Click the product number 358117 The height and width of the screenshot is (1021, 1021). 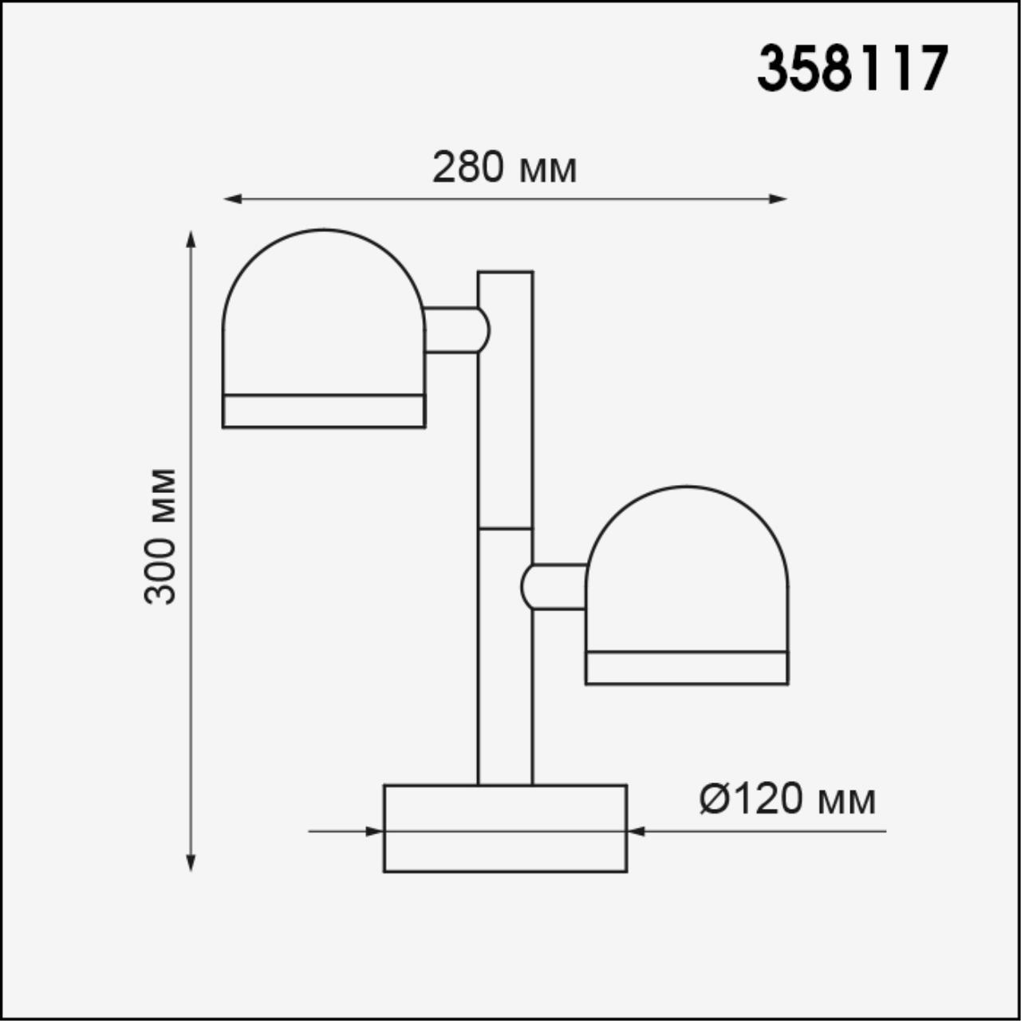[x=852, y=69]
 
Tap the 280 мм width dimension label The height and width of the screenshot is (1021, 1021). [x=504, y=168]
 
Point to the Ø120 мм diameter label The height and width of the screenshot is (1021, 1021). [x=788, y=798]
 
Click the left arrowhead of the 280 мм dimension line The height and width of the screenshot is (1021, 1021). [x=232, y=199]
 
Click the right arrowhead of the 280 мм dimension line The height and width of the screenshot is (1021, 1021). [x=778, y=199]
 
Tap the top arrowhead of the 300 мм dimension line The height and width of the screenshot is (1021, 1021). [x=191, y=240]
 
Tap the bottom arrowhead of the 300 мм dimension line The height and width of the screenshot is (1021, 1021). [x=191, y=861]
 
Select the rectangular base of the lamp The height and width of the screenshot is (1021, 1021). [x=505, y=828]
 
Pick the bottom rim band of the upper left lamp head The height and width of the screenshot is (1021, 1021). [x=324, y=411]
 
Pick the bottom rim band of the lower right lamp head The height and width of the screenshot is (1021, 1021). [x=687, y=668]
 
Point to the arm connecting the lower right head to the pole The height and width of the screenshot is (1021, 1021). [x=556, y=586]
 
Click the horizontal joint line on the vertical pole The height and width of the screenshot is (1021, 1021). [x=505, y=528]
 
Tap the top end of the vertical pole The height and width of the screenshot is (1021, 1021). [x=505, y=274]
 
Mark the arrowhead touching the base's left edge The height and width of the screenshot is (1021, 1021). [x=375, y=831]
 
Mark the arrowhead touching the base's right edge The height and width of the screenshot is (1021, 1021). [x=636, y=831]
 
